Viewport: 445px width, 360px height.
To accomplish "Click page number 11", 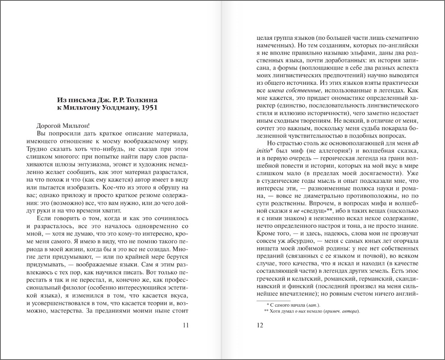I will [185, 325].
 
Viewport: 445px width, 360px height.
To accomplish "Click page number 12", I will [260, 325].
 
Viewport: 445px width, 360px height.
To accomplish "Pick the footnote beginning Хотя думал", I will [312, 311].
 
